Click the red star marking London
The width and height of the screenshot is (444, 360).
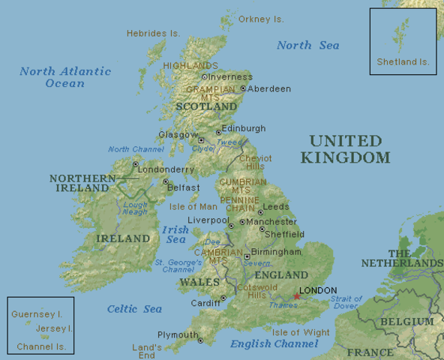[x=297, y=296]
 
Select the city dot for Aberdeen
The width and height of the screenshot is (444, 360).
[x=243, y=88]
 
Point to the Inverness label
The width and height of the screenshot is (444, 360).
[x=231, y=76]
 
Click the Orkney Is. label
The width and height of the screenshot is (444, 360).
[x=261, y=19]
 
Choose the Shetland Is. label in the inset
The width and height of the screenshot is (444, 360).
[x=403, y=61]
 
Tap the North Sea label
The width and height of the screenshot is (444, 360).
[x=307, y=45]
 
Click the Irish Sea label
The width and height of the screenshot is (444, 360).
[x=175, y=235]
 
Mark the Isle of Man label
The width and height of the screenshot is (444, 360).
[x=193, y=206]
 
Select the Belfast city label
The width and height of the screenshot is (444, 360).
[x=184, y=187]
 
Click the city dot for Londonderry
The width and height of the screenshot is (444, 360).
[x=135, y=164]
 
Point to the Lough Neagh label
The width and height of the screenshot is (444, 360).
[x=136, y=208]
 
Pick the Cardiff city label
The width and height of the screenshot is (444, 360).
[x=205, y=303]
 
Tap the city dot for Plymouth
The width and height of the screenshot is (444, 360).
[x=200, y=340]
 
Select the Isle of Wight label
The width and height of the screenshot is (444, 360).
[x=301, y=332]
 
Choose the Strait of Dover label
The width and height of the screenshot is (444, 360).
[x=345, y=302]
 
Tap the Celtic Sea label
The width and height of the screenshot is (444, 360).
[x=134, y=309]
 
